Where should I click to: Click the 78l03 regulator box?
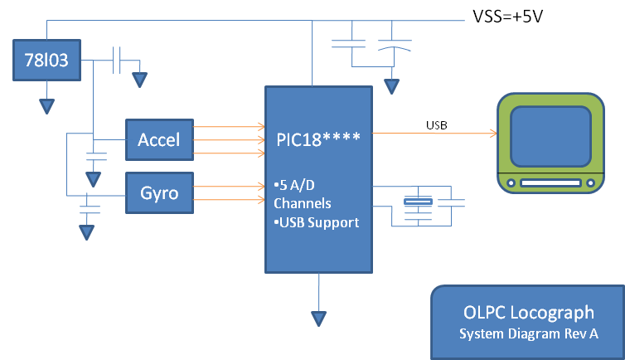click(47, 61)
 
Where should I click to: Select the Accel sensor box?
click(158, 139)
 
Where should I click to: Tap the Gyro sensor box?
click(158, 192)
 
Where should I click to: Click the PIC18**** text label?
click(319, 135)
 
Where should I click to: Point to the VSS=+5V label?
click(506, 16)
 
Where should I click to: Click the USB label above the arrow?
click(437, 125)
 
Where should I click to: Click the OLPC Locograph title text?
click(528, 313)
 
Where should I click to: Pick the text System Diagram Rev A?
click(528, 333)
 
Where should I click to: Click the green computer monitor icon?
click(550, 142)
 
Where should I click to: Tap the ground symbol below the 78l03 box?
click(46, 106)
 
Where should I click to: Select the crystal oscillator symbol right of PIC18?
click(417, 202)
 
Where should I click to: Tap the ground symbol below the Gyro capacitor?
click(86, 232)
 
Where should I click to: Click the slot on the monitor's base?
click(550, 182)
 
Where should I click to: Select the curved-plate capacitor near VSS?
click(390, 46)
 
